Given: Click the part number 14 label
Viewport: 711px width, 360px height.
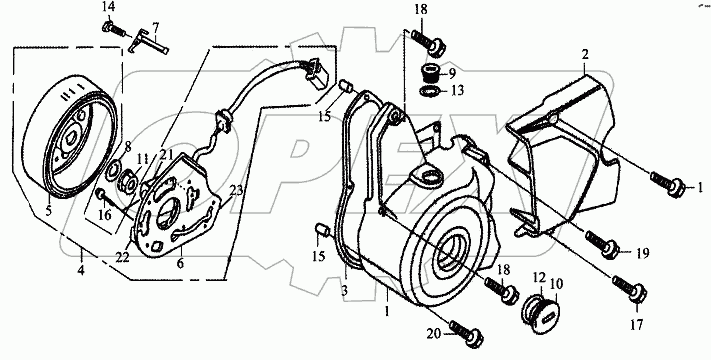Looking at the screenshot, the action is (108, 7).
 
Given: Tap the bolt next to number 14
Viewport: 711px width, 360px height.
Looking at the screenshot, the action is (114, 29).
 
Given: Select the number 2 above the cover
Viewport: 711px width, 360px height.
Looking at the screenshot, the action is (585, 55).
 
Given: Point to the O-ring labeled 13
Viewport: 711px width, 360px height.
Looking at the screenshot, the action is (429, 91).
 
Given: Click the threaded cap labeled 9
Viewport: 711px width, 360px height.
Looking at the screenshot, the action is (429, 73).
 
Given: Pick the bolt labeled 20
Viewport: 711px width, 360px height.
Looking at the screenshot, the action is (467, 334).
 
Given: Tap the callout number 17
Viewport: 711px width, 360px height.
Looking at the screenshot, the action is (637, 324).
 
